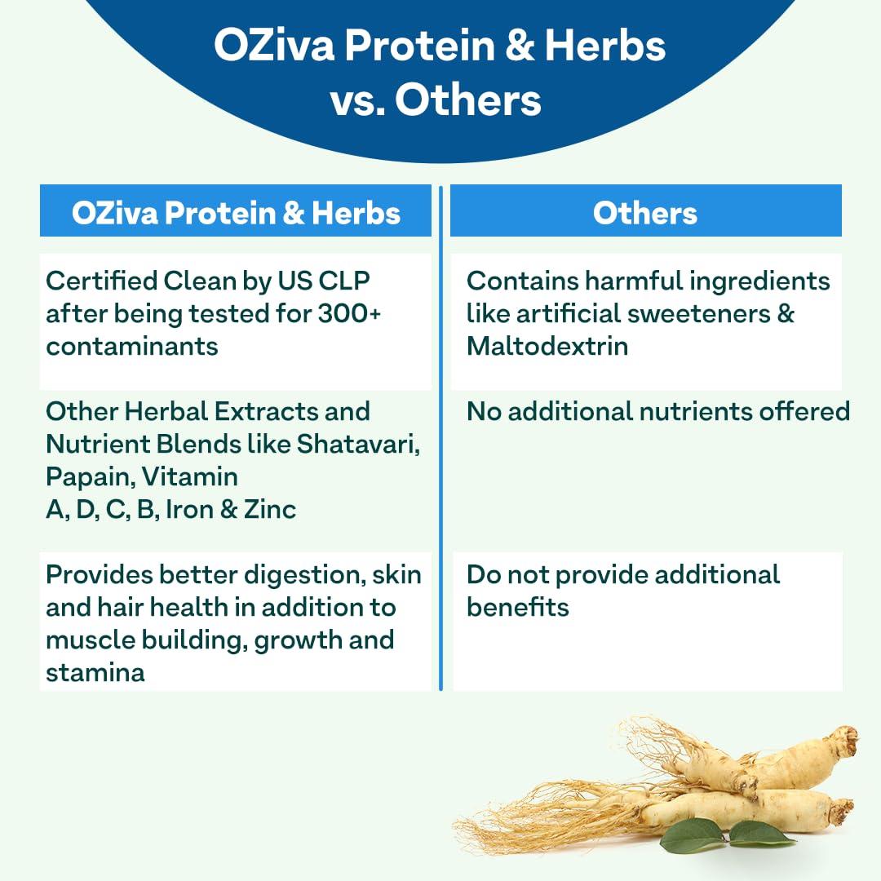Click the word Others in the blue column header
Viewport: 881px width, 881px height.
point(644,213)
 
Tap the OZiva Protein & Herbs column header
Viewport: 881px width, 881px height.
point(236,213)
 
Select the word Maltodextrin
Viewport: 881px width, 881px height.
point(547,346)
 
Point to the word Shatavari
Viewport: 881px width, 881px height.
point(357,444)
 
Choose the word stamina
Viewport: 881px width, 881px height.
point(95,673)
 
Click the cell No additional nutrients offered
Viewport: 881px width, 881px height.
point(657,411)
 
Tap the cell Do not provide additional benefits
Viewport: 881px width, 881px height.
point(622,590)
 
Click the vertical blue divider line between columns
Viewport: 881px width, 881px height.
point(440,440)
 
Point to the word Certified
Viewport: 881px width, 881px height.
point(102,281)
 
